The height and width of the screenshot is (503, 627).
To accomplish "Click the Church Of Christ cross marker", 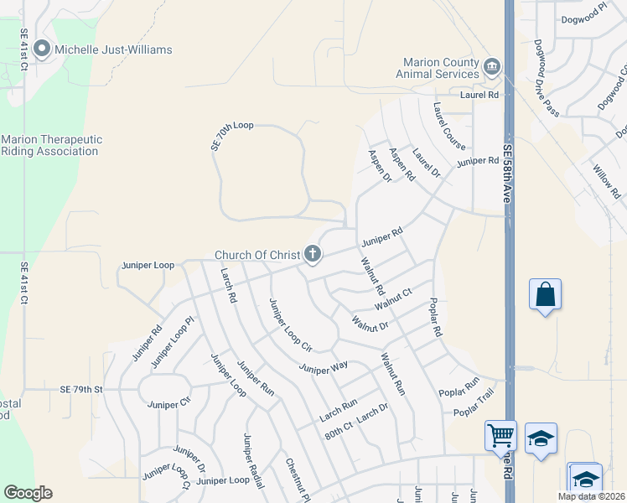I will click(x=313, y=253).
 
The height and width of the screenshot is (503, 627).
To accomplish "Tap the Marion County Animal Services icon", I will click(x=492, y=66).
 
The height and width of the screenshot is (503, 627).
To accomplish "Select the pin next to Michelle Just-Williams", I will click(x=44, y=49).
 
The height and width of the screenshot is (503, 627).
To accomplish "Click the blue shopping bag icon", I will click(x=545, y=295).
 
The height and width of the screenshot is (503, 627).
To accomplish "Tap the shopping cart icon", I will click(x=500, y=436).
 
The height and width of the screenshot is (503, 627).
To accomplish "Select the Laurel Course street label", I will click(x=449, y=127).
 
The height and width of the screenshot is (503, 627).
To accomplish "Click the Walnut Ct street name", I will click(x=394, y=298).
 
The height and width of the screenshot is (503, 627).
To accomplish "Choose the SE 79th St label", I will click(x=80, y=389).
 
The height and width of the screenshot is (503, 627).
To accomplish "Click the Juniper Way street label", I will click(x=324, y=367).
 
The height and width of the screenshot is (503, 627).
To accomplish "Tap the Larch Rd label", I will click(x=229, y=286).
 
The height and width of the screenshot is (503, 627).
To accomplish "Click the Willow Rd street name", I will click(x=605, y=182).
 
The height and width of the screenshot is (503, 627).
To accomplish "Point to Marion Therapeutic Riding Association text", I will click(x=51, y=145).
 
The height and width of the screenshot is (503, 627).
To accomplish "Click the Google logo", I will click(x=28, y=493).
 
